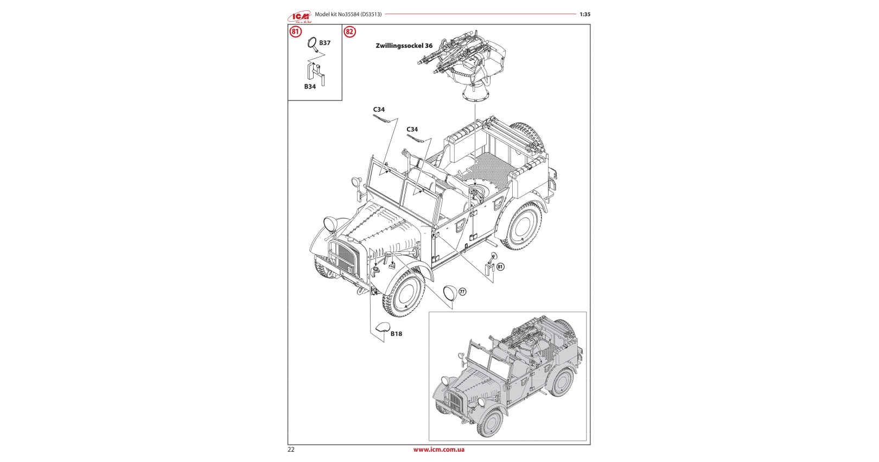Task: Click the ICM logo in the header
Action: pyautogui.click(x=300, y=16)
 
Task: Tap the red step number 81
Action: pyautogui.click(x=296, y=32)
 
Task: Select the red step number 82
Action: pyautogui.click(x=349, y=32)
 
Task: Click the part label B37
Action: pyautogui.click(x=324, y=43)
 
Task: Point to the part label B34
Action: pyautogui.click(x=310, y=86)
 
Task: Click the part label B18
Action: pyautogui.click(x=396, y=334)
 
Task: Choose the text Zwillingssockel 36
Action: pyautogui.click(x=404, y=46)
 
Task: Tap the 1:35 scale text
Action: pyautogui.click(x=585, y=14)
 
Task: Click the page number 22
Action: pyautogui.click(x=291, y=450)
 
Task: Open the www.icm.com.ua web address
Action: pyautogui.click(x=439, y=450)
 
